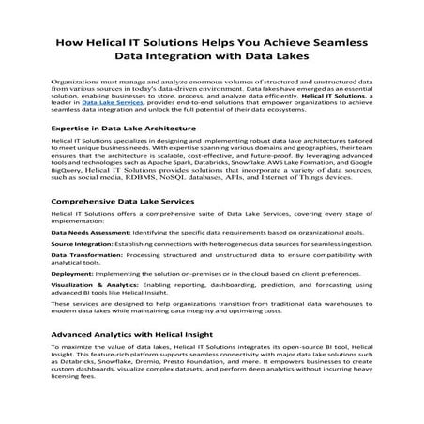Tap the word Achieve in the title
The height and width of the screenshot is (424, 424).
point(275,44)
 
